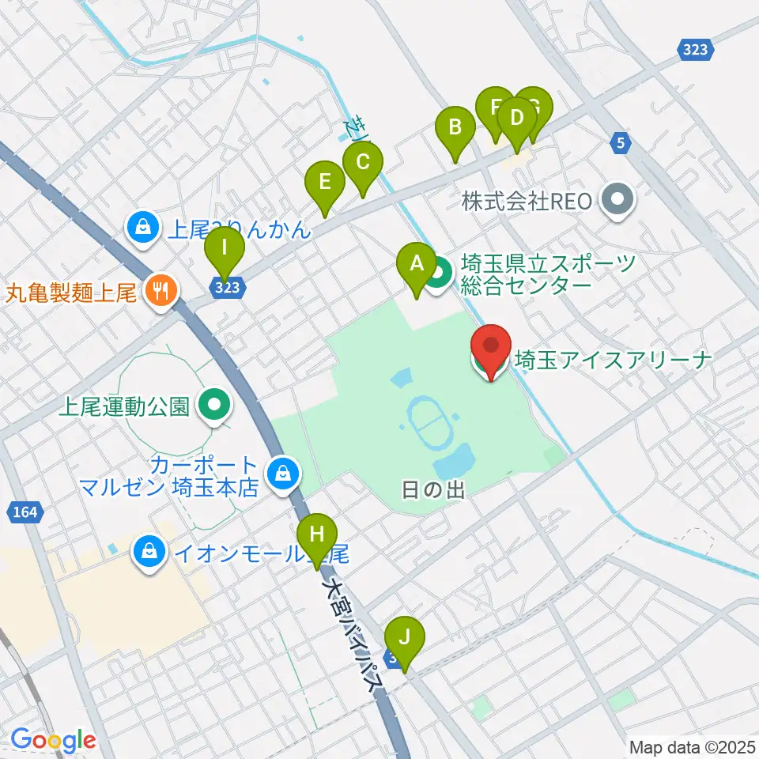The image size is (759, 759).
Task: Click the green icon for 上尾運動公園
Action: coord(214,406)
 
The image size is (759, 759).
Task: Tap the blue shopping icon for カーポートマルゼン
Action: coord(280,474)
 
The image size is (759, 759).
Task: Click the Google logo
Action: coord(53,741)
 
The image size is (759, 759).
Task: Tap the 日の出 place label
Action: coord(431,490)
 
